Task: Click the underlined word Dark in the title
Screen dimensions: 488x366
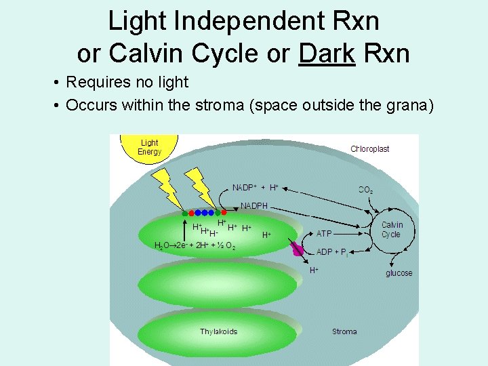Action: [x=326, y=52]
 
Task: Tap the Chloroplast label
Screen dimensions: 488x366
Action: [x=369, y=149]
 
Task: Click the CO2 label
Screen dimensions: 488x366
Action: [x=365, y=190]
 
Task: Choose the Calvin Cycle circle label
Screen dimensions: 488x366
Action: [x=391, y=230]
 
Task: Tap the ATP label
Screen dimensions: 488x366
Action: [x=325, y=233]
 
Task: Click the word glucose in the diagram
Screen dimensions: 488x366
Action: [x=399, y=273]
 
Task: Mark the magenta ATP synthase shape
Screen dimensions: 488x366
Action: [x=298, y=249]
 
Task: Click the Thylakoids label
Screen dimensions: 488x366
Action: [x=218, y=331]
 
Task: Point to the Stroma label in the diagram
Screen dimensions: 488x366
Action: [x=344, y=331]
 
